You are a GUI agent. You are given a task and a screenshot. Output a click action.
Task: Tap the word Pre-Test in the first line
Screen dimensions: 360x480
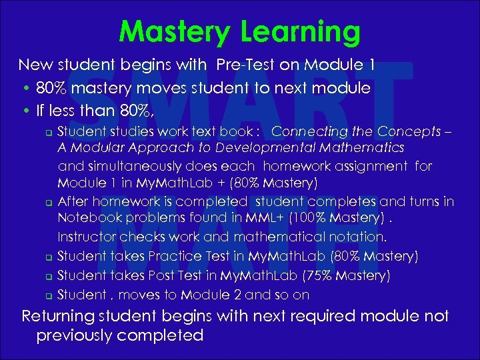tap(244, 65)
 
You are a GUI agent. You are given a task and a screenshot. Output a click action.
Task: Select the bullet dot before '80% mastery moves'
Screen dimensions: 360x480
tap(24, 89)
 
